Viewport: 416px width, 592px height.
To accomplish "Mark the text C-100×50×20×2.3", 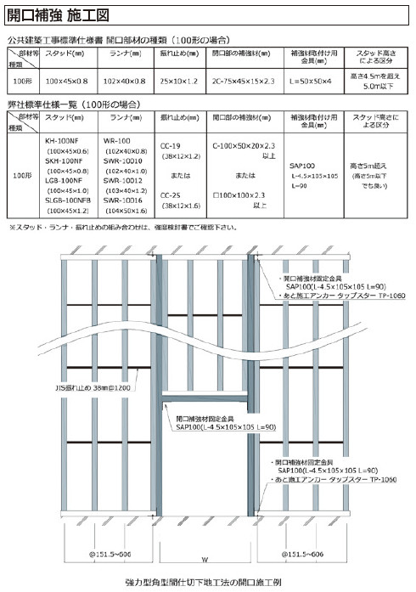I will point(243,146).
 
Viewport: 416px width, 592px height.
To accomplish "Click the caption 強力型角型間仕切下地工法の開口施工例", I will point(207,583).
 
